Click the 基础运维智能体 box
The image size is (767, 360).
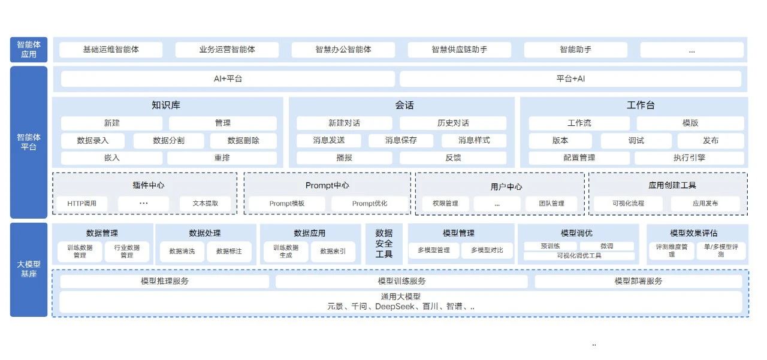click(111, 50)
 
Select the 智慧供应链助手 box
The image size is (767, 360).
click(459, 50)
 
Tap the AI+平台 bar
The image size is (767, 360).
click(228, 79)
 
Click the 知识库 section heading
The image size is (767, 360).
click(166, 105)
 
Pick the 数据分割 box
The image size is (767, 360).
click(168, 141)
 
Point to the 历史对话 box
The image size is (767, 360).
click(453, 123)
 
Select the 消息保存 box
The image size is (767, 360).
click(401, 141)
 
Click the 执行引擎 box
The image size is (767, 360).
click(689, 158)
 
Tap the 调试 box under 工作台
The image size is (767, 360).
click(636, 141)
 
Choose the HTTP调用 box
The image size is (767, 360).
click(82, 204)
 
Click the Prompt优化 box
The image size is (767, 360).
click(370, 204)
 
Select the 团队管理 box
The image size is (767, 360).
click(553, 204)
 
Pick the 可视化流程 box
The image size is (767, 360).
click(628, 204)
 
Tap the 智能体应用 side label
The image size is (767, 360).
click(29, 50)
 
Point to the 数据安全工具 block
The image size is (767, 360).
click(384, 244)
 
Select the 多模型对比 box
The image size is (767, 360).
click(487, 250)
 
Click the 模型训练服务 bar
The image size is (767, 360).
click(401, 281)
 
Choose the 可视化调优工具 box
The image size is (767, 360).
click(579, 256)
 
